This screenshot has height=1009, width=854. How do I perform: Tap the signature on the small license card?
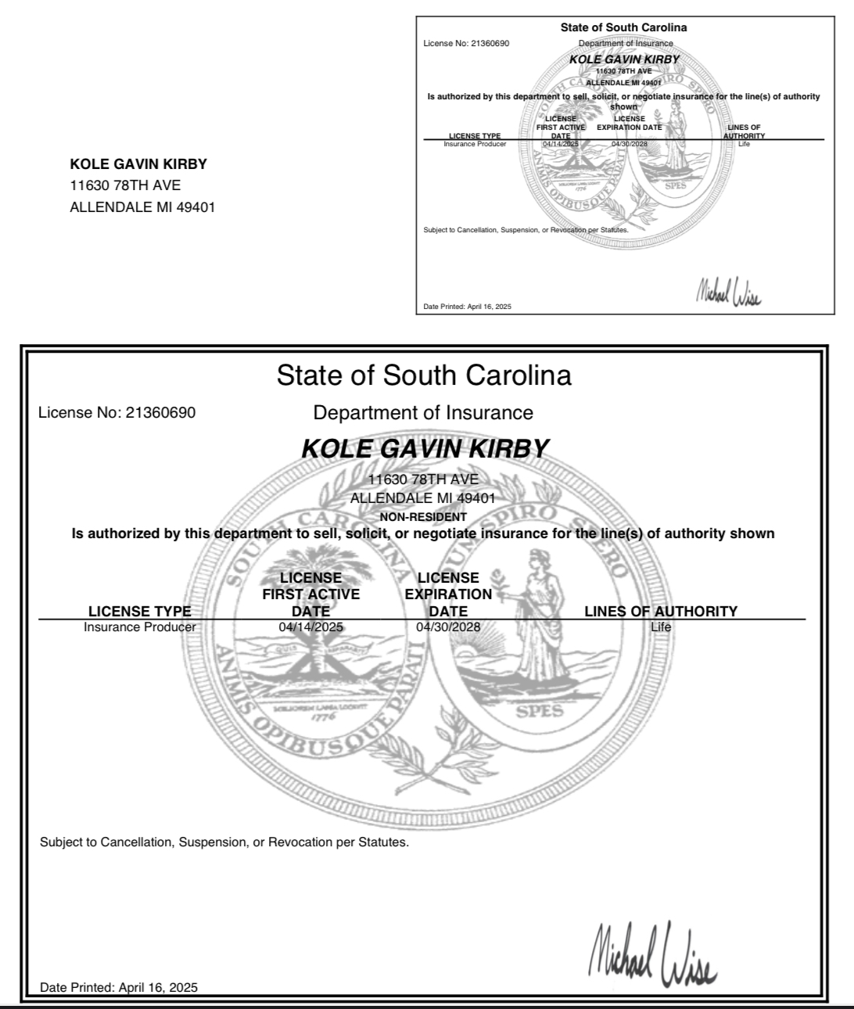[x=727, y=293]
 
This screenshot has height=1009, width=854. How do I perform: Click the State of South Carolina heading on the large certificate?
[x=424, y=375]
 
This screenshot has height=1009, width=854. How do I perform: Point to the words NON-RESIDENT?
[x=423, y=517]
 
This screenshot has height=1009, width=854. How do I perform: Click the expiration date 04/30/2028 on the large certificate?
[x=448, y=627]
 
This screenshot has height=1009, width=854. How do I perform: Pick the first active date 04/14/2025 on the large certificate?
[x=310, y=627]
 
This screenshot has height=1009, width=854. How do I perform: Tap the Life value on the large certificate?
[x=661, y=627]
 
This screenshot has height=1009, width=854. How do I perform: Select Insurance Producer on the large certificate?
[x=140, y=627]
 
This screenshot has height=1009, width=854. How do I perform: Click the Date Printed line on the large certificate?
[x=119, y=987]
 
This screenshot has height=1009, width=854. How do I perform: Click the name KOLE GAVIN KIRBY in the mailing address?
[x=138, y=164]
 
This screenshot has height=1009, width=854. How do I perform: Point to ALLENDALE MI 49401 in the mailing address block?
[x=142, y=207]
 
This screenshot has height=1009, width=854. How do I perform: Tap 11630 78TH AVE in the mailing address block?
[x=125, y=185]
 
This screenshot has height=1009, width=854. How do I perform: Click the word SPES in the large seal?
[x=540, y=711]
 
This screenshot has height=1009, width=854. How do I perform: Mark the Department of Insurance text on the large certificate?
[x=423, y=413]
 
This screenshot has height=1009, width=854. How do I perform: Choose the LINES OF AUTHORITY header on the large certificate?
[x=661, y=611]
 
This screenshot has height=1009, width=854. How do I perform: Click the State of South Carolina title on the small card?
[x=623, y=27]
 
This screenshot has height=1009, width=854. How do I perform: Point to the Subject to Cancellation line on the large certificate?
[x=224, y=842]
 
